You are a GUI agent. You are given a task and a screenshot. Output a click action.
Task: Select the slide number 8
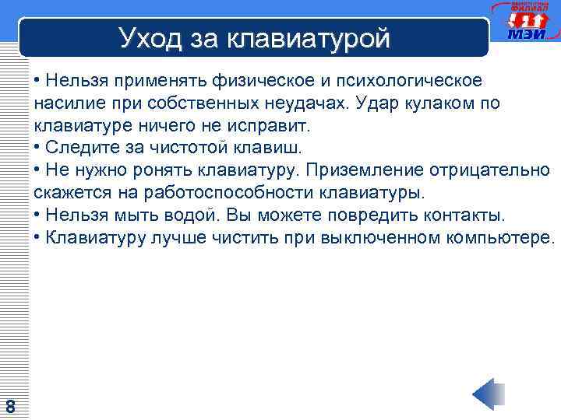pos(10,406)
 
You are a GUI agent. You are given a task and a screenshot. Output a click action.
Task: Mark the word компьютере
pos(500,236)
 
